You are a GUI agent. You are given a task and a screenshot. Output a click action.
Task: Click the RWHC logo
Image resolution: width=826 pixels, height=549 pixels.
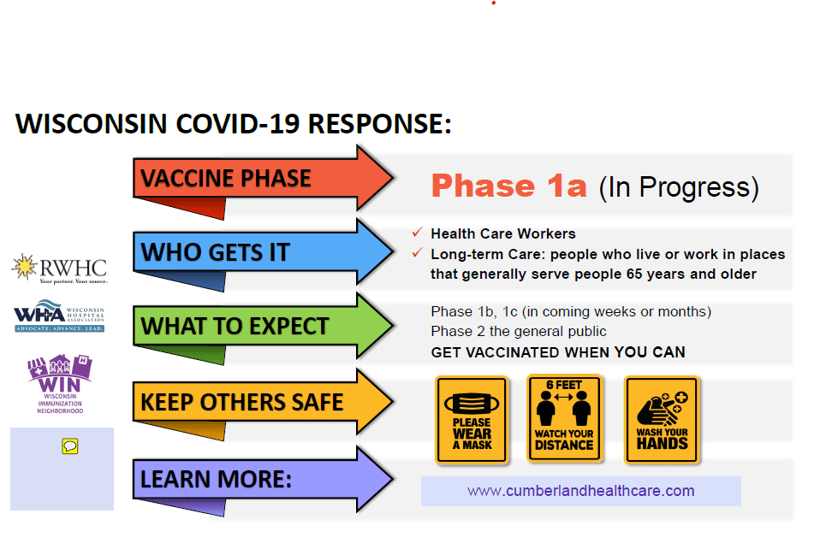[60, 269]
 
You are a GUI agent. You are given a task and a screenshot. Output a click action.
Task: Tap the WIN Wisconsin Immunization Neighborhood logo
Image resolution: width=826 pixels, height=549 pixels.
[60, 384]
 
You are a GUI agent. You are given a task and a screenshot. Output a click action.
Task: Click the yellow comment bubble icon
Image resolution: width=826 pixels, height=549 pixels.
[70, 446]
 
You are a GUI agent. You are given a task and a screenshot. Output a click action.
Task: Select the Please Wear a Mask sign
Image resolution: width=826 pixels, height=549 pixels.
[472, 420]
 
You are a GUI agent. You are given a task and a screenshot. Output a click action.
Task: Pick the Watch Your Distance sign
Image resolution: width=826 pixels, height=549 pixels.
[564, 418]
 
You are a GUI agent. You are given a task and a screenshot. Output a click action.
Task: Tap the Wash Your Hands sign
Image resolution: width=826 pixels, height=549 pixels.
[663, 420]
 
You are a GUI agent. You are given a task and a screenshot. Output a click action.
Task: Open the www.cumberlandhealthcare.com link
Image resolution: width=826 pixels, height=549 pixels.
[580, 491]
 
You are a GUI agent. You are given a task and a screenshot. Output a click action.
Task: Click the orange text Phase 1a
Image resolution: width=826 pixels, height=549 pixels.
[509, 186]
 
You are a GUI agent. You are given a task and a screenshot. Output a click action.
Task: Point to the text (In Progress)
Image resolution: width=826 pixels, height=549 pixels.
[679, 187]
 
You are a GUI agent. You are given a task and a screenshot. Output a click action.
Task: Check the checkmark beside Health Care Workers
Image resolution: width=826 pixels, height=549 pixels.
[418, 232]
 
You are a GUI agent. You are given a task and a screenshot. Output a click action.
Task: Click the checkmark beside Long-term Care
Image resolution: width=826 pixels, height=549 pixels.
[418, 253]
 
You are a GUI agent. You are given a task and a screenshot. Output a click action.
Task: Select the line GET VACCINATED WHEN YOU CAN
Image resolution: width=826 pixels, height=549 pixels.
[558, 352]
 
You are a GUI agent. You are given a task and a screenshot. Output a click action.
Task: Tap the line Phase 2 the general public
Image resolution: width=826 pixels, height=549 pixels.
[519, 331]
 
